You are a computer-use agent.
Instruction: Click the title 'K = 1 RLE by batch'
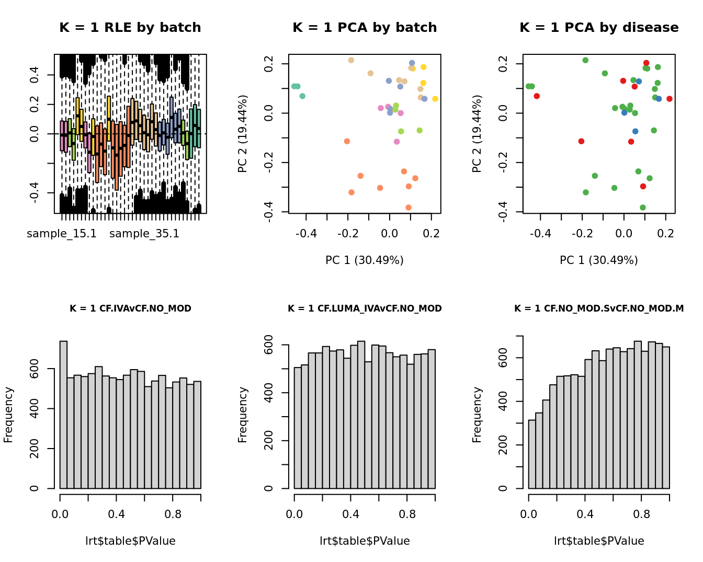130,28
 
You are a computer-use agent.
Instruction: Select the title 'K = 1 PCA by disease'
599,28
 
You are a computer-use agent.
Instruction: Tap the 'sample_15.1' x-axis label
62,234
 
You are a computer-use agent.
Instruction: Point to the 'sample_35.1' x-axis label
144,234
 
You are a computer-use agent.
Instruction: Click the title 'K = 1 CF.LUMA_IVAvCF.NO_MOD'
365,308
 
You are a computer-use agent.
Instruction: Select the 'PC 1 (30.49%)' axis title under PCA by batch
365,260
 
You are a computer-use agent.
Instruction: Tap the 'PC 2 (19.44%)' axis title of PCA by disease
477,134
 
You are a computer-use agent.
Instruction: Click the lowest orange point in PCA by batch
409,208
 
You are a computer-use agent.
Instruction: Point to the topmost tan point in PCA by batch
351,60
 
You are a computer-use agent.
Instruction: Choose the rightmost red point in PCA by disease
670,99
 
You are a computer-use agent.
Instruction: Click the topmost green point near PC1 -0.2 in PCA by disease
585,60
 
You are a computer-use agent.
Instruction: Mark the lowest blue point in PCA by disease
636,131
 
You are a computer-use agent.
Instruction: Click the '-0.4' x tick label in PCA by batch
306,233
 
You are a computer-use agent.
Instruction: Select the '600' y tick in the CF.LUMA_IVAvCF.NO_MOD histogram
269,345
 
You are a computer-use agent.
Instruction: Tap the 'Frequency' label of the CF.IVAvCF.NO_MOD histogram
8,415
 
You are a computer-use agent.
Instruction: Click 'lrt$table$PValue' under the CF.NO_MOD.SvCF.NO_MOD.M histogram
599,541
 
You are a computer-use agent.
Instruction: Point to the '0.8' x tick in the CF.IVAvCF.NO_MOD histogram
173,514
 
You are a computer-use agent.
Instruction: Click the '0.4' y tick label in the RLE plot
35,75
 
